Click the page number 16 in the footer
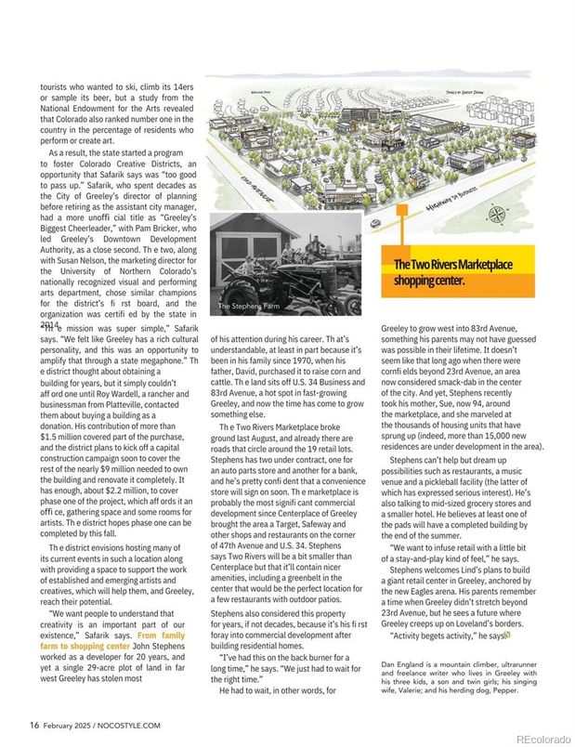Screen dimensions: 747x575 click(x=33, y=726)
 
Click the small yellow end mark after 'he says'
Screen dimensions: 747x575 click(x=507, y=636)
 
